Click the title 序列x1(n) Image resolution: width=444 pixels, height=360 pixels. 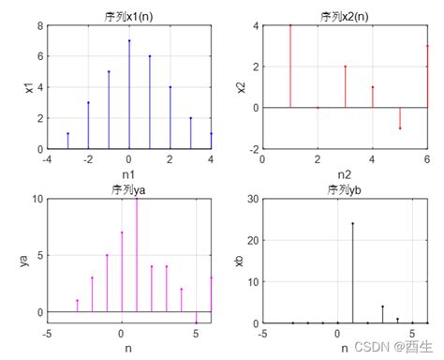[x=129, y=16]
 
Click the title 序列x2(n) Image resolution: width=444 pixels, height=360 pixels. [x=345, y=16]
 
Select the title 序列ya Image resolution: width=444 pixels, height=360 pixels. [x=129, y=189]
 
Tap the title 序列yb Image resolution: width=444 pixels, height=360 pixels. [x=345, y=189]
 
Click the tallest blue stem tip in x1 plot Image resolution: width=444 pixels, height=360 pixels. [x=129, y=41]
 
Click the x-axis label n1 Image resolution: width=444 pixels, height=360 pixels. [x=129, y=174]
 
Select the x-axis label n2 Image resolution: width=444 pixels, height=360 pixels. [x=345, y=174]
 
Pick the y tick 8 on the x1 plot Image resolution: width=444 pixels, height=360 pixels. [x=39, y=26]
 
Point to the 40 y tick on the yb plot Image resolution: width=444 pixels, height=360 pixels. [x=251, y=199]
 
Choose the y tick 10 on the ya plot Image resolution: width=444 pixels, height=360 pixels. [x=37, y=199]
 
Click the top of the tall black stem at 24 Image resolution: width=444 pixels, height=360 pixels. [x=352, y=223]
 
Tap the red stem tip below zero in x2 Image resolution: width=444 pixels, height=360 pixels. [x=400, y=127]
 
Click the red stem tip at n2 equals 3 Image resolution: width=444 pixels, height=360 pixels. [x=346, y=67]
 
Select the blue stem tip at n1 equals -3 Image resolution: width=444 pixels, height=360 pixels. [x=67, y=133]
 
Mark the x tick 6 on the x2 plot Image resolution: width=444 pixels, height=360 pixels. [x=427, y=159]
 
